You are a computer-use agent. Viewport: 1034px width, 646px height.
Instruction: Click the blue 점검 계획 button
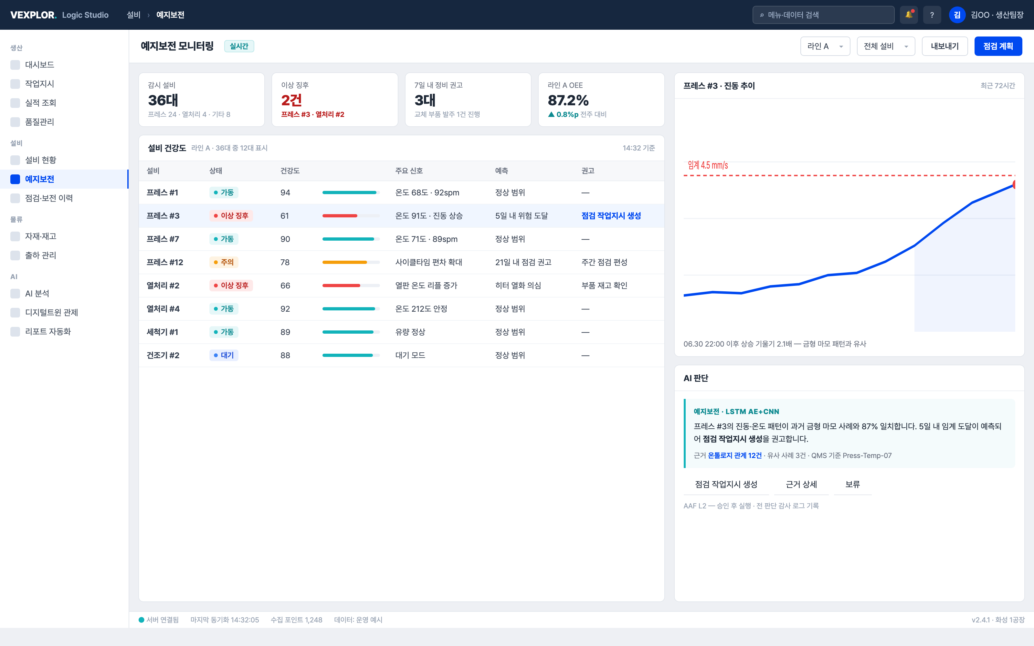pos(998,46)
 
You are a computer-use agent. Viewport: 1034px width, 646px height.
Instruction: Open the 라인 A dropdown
pos(825,46)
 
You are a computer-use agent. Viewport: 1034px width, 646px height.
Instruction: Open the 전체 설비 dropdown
pos(886,46)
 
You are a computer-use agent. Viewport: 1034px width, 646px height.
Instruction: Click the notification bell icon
pos(909,15)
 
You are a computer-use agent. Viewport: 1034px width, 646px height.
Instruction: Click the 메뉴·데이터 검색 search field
pos(823,15)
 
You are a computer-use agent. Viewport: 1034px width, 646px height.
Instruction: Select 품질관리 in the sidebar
pos(39,122)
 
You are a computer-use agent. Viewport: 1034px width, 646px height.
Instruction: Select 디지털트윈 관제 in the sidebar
pos(51,312)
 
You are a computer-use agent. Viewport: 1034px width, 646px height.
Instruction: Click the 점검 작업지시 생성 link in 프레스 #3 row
pos(611,216)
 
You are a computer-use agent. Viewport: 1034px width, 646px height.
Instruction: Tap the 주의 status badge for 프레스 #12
pos(224,262)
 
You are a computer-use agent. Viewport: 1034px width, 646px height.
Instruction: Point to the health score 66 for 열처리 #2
pos(285,286)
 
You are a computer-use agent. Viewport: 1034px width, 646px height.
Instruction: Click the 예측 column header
pos(501,171)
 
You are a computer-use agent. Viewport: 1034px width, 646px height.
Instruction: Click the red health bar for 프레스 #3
pos(340,216)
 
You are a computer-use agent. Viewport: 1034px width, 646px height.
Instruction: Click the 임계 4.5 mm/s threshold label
pos(708,165)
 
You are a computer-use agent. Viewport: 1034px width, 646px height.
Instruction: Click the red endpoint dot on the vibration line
pos(1014,184)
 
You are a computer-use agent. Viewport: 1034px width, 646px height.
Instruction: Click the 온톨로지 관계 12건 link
pos(734,455)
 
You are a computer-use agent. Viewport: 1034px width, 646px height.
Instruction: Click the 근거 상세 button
pos(801,484)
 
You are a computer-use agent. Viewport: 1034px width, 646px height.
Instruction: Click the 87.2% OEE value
pos(568,100)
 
